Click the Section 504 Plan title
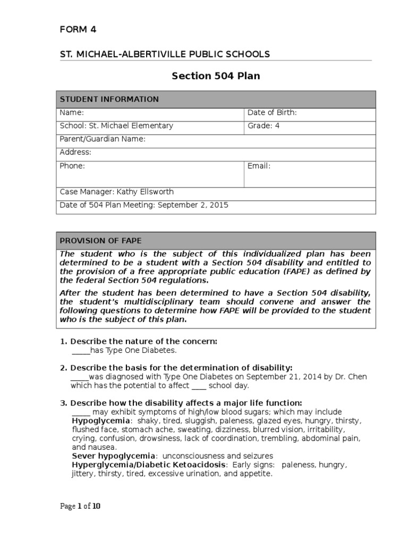coord(216,76)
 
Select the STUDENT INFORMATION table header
coord(109,99)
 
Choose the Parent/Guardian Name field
coord(102,139)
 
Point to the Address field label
coord(75,152)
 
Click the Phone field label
coord(72,166)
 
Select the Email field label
coord(259,166)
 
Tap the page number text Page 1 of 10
coord(80,506)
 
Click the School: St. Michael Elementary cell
coord(116,126)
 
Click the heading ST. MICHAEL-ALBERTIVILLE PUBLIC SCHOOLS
coord(165,54)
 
